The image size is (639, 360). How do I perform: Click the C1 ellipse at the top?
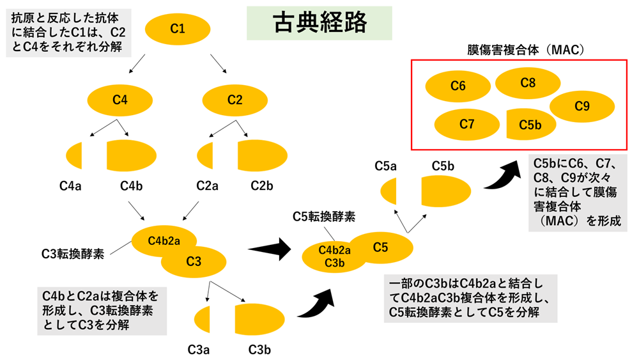178,28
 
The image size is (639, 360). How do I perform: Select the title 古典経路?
319,23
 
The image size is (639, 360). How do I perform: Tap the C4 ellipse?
120,99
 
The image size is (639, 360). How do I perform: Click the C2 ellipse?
235,99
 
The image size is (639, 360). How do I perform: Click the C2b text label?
262,186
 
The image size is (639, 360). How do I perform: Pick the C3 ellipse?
195,262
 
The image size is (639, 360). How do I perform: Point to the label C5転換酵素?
324,217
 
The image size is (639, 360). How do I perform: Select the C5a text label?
386,166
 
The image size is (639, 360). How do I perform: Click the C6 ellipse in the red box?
458,86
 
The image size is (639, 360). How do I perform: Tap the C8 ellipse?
528,82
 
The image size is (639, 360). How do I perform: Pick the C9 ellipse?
581,107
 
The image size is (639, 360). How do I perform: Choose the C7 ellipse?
466,124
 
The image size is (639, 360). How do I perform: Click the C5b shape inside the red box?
529,125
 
